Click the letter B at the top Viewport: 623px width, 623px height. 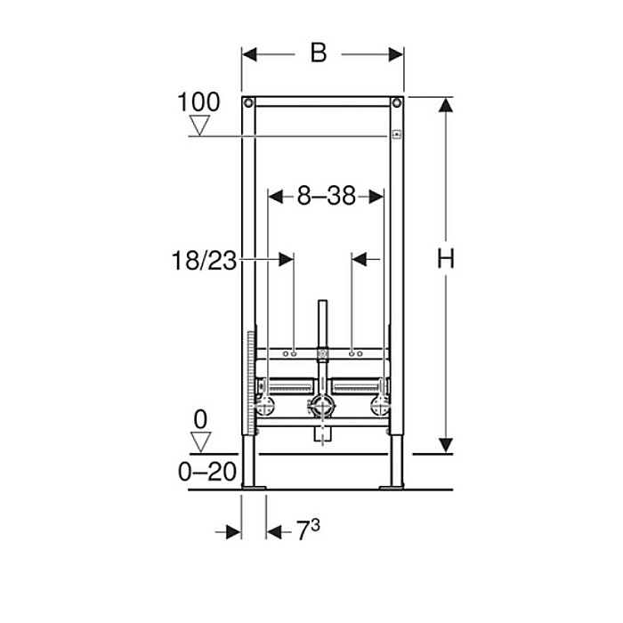[x=318, y=53]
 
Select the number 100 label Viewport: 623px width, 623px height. [x=198, y=101]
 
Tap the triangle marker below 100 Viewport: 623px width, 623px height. [x=199, y=125]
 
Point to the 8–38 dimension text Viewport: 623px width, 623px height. [x=326, y=197]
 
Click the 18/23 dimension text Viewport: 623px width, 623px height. [x=205, y=260]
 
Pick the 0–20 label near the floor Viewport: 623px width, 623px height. [x=207, y=472]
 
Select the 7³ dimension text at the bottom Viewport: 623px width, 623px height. [x=307, y=531]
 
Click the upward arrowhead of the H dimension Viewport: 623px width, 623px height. [x=446, y=106]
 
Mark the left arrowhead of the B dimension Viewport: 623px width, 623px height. [x=250, y=54]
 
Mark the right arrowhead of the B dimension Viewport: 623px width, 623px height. [x=396, y=54]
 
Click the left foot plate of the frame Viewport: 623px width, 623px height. [x=253, y=486]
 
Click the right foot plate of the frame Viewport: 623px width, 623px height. [x=392, y=486]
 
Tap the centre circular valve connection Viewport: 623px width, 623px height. [x=322, y=407]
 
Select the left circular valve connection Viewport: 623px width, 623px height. [x=265, y=407]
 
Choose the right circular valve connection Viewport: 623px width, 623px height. [x=380, y=407]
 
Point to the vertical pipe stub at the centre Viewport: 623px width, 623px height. [x=322, y=326]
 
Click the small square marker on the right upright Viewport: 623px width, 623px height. [x=397, y=136]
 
